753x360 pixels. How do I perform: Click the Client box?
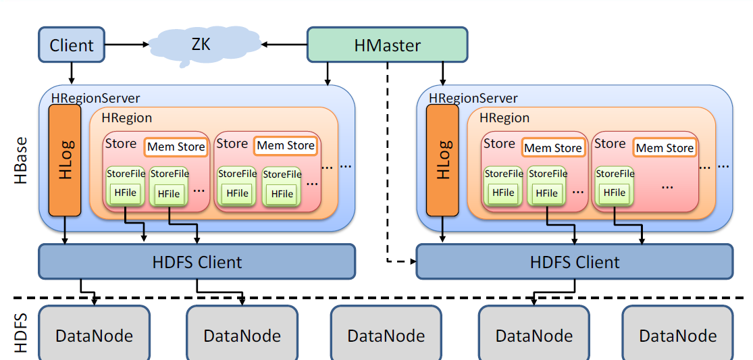point(72,45)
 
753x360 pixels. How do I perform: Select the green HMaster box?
point(387,45)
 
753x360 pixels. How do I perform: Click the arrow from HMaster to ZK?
point(284,45)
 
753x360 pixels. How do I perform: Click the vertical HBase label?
point(20,160)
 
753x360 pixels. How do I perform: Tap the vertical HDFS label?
point(20,333)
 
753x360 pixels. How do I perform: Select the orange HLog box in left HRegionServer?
point(65,160)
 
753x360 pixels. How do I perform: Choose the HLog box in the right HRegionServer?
point(442,160)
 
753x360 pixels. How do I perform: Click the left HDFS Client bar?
point(197,261)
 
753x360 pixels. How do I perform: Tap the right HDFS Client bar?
point(574,261)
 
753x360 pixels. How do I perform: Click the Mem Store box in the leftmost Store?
point(176,147)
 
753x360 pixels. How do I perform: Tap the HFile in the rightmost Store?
point(614,192)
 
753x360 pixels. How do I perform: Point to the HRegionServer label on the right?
point(473,99)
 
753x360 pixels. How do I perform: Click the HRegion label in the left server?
point(127,118)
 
